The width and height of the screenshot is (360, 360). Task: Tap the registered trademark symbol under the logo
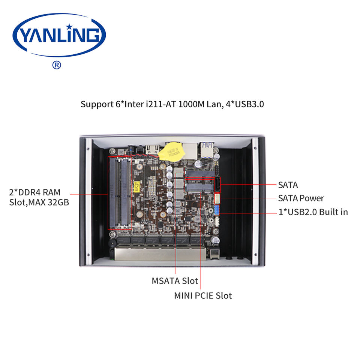point(56,65)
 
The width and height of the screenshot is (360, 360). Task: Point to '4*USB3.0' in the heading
point(245,104)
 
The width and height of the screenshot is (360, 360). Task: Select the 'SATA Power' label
point(301,198)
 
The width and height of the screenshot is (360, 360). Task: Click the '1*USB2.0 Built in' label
point(313,212)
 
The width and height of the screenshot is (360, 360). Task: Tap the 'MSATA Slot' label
point(175,280)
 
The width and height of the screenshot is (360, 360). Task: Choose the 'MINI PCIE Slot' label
point(203,295)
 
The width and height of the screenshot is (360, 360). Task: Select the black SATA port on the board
point(217,184)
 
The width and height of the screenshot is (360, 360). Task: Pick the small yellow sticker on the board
point(137,185)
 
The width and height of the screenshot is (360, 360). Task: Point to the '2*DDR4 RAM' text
point(34,193)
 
